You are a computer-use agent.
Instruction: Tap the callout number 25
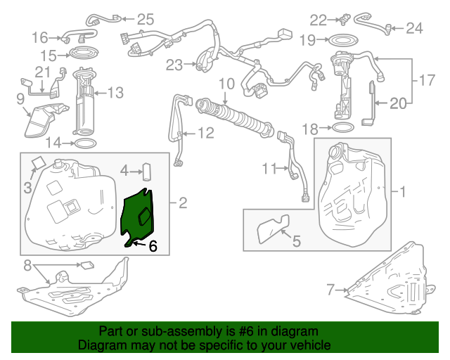point(144,20)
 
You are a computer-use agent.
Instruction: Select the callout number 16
point(40,37)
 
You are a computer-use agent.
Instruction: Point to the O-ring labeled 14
point(84,143)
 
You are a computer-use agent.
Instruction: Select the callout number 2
point(183,203)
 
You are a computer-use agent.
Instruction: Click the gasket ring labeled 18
point(342,129)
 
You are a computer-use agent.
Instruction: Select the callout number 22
point(319,20)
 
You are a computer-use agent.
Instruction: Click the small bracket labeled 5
point(269,228)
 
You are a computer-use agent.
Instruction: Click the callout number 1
point(404,191)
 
